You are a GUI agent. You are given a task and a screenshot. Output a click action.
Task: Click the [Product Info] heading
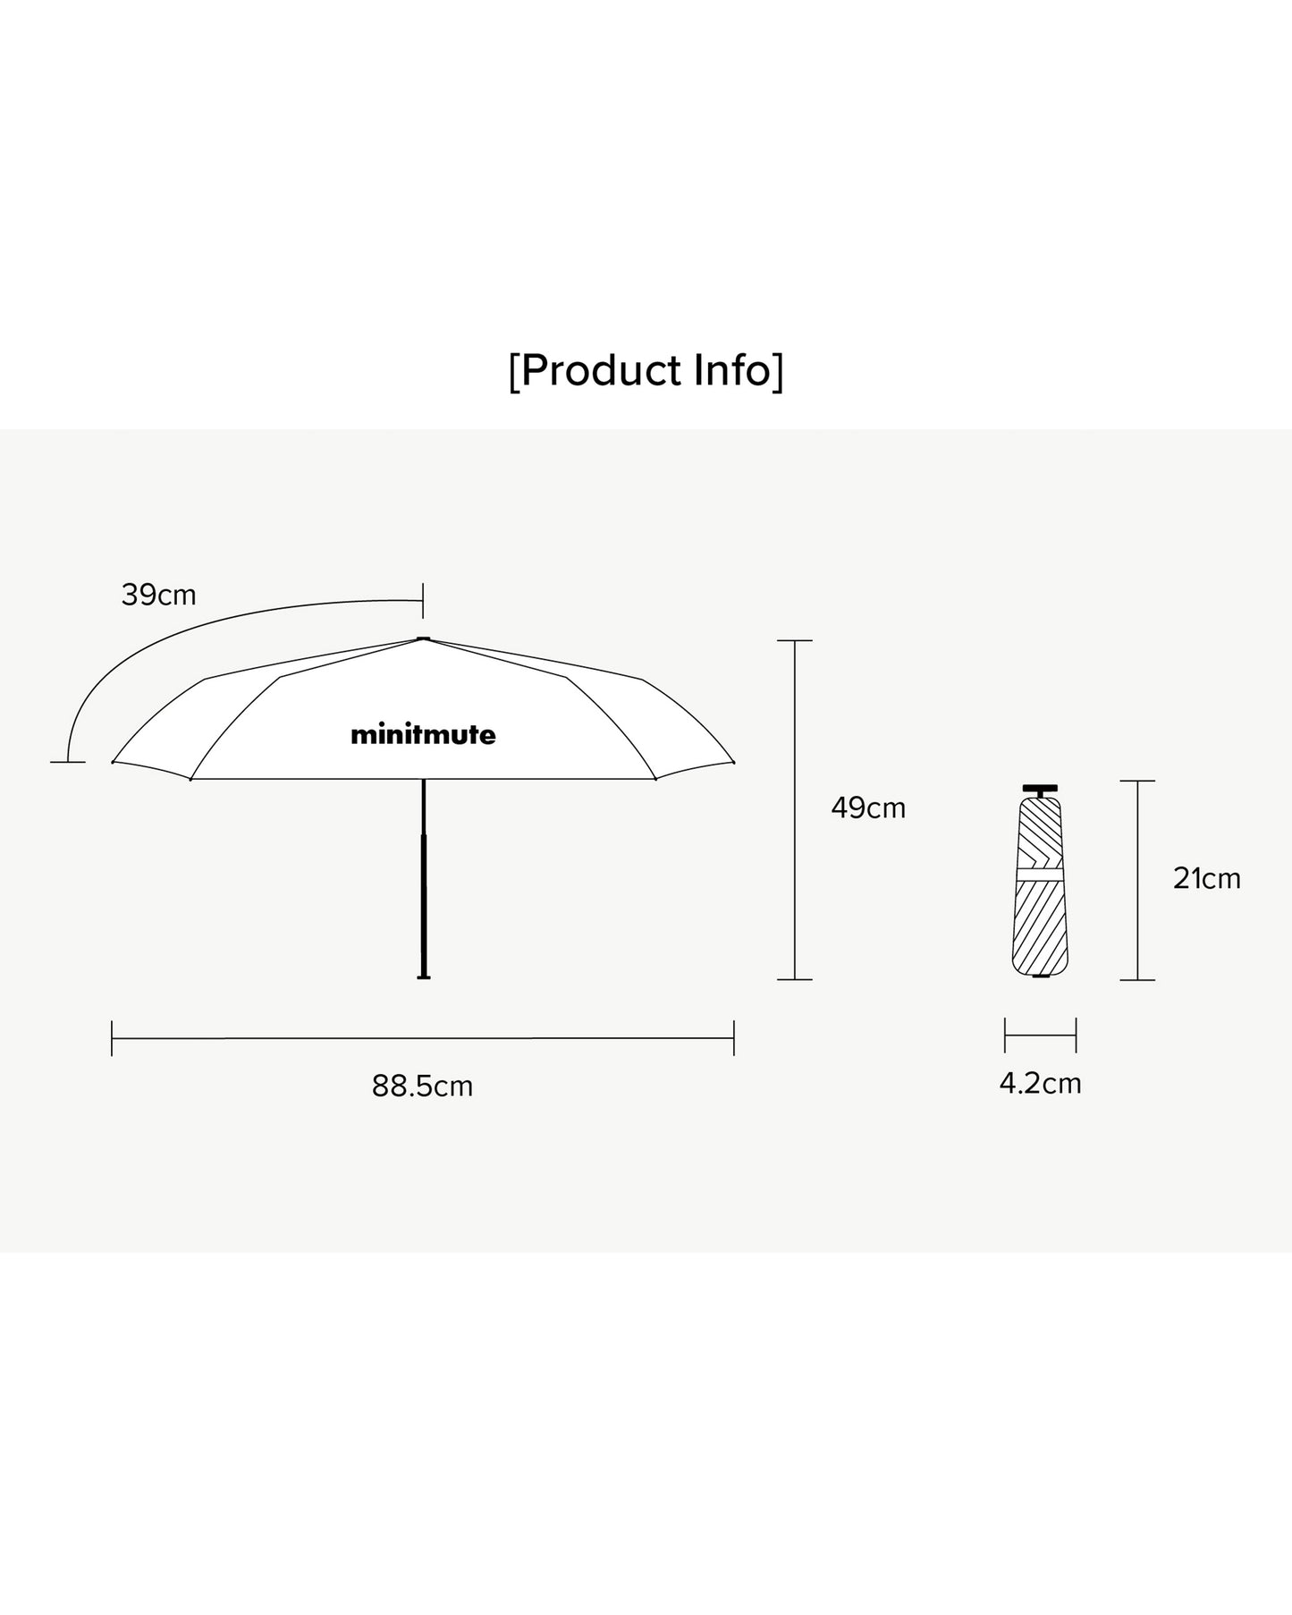tap(646, 371)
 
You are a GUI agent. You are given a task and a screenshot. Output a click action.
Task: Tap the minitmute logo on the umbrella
tap(423, 735)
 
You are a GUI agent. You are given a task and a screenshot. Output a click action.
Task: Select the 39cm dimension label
tap(158, 595)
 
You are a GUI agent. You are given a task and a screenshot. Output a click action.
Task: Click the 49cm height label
tap(868, 808)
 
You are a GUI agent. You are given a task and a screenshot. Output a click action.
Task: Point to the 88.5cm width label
tap(422, 1087)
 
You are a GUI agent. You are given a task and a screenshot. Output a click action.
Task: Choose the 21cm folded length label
tap(1207, 879)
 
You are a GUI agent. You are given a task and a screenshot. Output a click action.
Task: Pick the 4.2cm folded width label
tap(1040, 1084)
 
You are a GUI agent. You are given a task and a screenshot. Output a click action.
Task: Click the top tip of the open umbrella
tap(423, 638)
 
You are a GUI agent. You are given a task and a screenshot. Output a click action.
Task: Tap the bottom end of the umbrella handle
tap(424, 977)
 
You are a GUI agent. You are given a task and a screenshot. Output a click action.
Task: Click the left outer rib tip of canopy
tap(113, 763)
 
